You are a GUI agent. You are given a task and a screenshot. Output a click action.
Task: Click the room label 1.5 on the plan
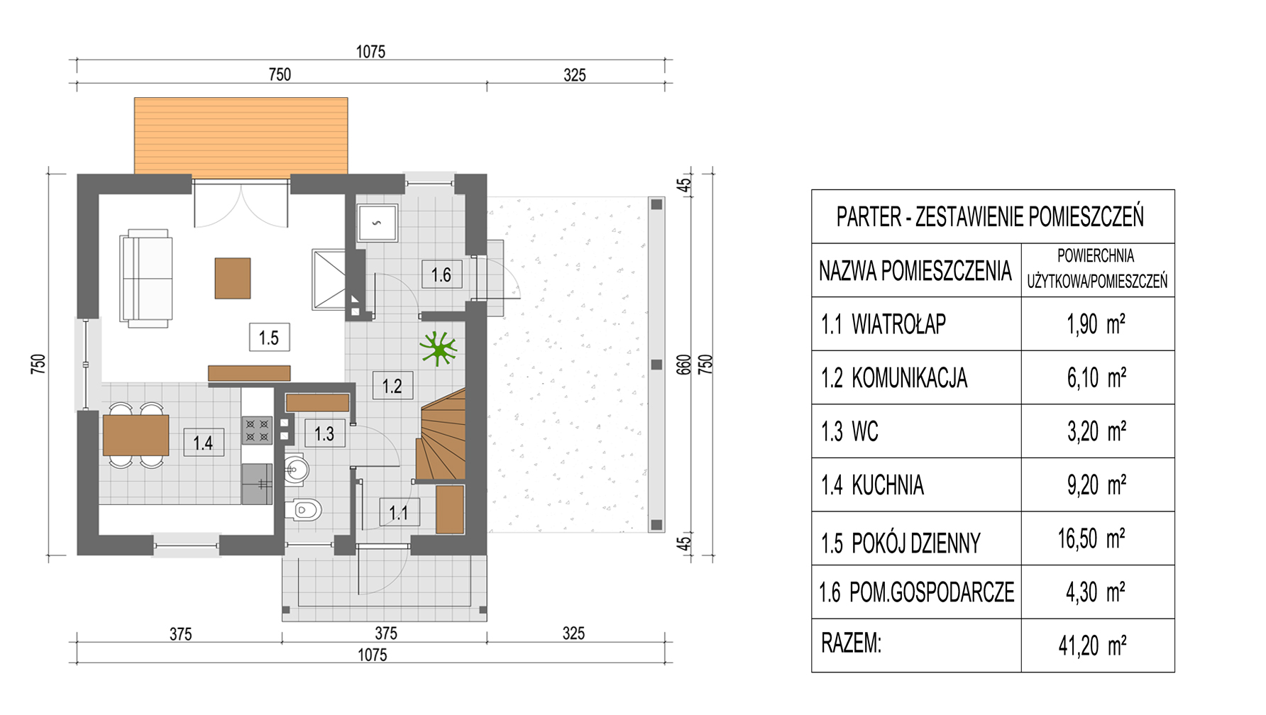(x=269, y=338)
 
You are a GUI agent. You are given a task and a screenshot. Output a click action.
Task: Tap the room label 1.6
(x=441, y=275)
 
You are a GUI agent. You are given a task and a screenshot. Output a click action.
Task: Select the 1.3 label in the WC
(x=324, y=433)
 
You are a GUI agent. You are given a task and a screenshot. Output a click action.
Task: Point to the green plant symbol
(x=438, y=348)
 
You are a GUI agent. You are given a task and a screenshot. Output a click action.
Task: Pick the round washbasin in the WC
(x=297, y=469)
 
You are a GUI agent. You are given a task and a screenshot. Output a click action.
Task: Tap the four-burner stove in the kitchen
(x=257, y=430)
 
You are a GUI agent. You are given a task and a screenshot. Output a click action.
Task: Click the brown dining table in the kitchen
(x=136, y=435)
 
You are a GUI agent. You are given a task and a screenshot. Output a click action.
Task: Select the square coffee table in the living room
(x=233, y=278)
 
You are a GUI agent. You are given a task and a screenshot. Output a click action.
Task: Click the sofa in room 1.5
(x=147, y=278)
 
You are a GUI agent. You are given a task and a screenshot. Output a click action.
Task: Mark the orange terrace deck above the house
(x=241, y=136)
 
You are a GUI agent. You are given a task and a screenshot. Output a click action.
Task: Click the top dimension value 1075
(x=370, y=52)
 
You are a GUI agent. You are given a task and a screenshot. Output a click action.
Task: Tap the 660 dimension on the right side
(x=683, y=365)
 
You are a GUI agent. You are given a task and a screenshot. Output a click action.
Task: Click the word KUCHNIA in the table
(x=888, y=485)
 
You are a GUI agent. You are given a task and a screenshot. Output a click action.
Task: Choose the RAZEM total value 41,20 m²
(x=1093, y=645)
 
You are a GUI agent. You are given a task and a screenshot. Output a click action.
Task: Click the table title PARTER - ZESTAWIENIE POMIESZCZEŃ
(x=990, y=216)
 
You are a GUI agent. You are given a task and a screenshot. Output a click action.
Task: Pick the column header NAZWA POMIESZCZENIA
(x=915, y=270)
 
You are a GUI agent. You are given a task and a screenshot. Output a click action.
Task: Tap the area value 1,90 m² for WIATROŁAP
(x=1096, y=324)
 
